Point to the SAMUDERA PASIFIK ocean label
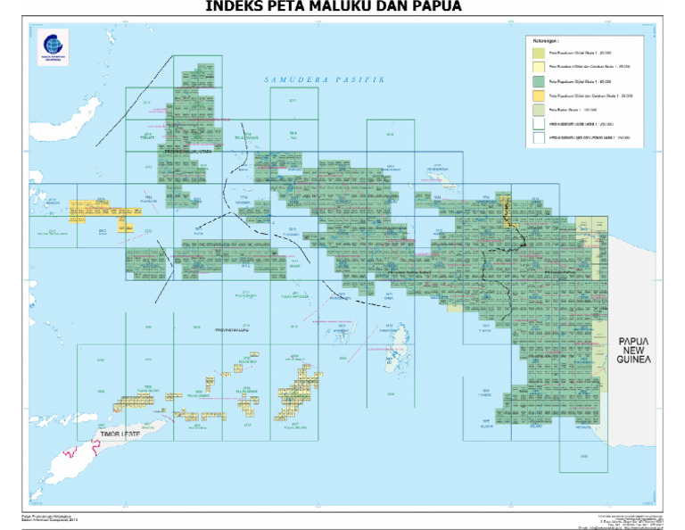pyautogui.click(x=325, y=80)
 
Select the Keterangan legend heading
pyautogui.click(x=546, y=40)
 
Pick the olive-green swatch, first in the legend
pyautogui.click(x=539, y=53)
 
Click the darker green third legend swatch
pyautogui.click(x=539, y=80)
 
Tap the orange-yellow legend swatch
pyautogui.click(x=539, y=94)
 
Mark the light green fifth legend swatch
pyautogui.click(x=539, y=107)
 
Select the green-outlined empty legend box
pyautogui.click(x=539, y=122)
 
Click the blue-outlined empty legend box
pyautogui.click(x=539, y=137)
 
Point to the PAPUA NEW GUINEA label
pyautogui.click(x=633, y=351)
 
